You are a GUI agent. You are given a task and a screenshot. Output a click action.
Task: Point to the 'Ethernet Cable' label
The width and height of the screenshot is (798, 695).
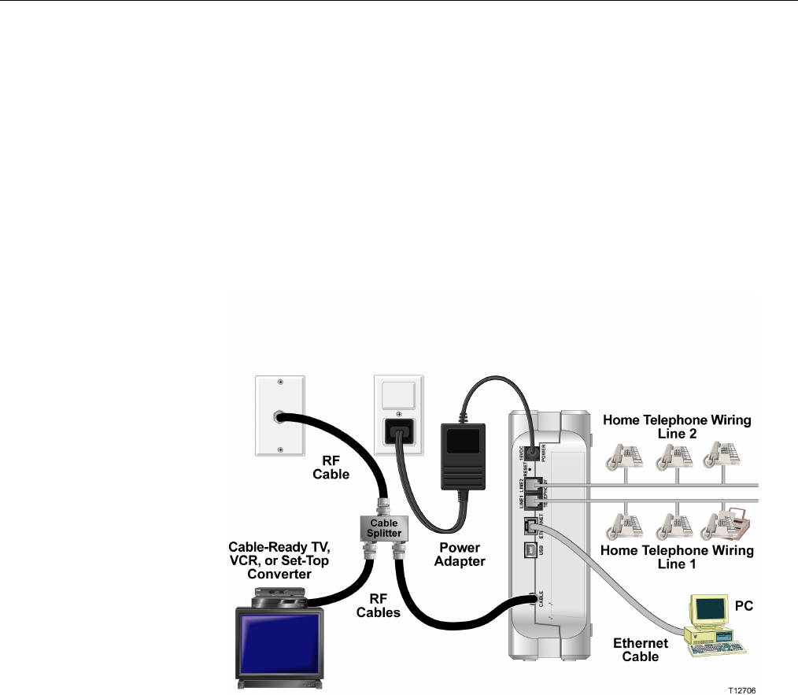(641, 649)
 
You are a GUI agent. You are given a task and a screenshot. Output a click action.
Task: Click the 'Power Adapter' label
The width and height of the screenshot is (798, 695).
(460, 554)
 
